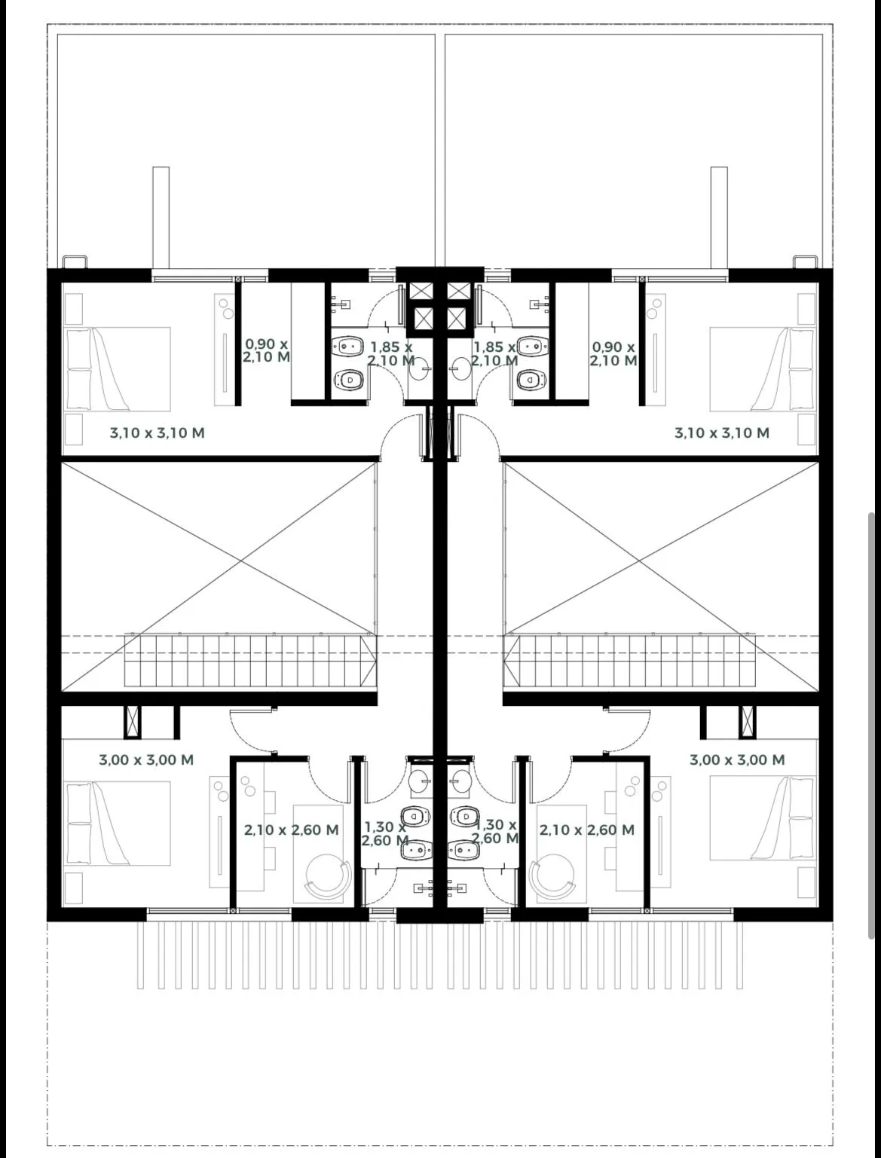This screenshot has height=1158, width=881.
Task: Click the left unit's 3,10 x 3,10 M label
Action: (158, 433)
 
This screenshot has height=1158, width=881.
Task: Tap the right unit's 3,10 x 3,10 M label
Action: (722, 433)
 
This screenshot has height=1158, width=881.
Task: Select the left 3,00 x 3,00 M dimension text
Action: (146, 760)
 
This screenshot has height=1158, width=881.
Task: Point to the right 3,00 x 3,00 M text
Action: (737, 760)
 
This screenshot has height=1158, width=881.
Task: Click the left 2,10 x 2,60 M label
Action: (291, 830)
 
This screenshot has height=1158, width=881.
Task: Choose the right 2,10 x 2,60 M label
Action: (586, 830)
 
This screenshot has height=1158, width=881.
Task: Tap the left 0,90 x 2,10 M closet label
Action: (267, 350)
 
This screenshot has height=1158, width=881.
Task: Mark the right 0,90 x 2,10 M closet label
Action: (613, 353)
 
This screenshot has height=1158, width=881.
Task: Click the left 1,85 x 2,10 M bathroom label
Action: (391, 353)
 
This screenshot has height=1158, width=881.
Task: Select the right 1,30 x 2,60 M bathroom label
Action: (495, 832)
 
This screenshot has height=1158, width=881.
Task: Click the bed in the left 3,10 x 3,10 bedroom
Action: (117, 369)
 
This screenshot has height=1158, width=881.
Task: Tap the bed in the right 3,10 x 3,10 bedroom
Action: (763, 369)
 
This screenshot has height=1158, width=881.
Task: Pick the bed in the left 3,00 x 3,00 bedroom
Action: (117, 823)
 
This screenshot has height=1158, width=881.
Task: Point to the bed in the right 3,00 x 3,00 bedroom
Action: (763, 817)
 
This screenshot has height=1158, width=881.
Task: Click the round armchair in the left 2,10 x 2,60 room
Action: (328, 876)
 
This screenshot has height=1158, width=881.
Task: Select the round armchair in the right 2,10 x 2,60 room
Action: (552, 876)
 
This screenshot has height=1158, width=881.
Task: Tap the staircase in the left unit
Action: (250, 661)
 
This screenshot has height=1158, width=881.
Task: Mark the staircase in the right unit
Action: (630, 661)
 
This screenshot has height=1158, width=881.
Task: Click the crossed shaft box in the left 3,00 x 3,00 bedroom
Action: (133, 722)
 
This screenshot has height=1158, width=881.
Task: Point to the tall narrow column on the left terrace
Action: (161, 218)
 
